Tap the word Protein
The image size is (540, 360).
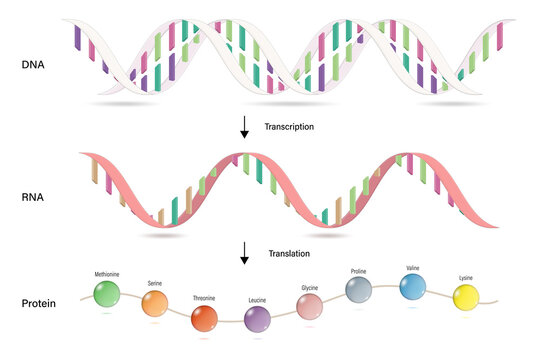tap(37, 303)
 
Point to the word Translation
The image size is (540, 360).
tap(289, 254)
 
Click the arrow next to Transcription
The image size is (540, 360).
tap(244, 127)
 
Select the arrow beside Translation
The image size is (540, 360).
tap(244, 254)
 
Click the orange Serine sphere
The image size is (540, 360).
tap(155, 303)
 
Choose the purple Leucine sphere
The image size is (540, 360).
tap(257, 319)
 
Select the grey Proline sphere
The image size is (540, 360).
tap(359, 289)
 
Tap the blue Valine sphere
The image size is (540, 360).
tap(412, 287)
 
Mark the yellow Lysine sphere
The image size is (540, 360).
tap(466, 296)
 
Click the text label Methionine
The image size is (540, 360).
tap(107, 273)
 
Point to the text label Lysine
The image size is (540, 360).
tap(466, 277)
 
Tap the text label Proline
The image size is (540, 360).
tap(359, 271)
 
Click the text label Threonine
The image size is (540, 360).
tap(204, 298)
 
